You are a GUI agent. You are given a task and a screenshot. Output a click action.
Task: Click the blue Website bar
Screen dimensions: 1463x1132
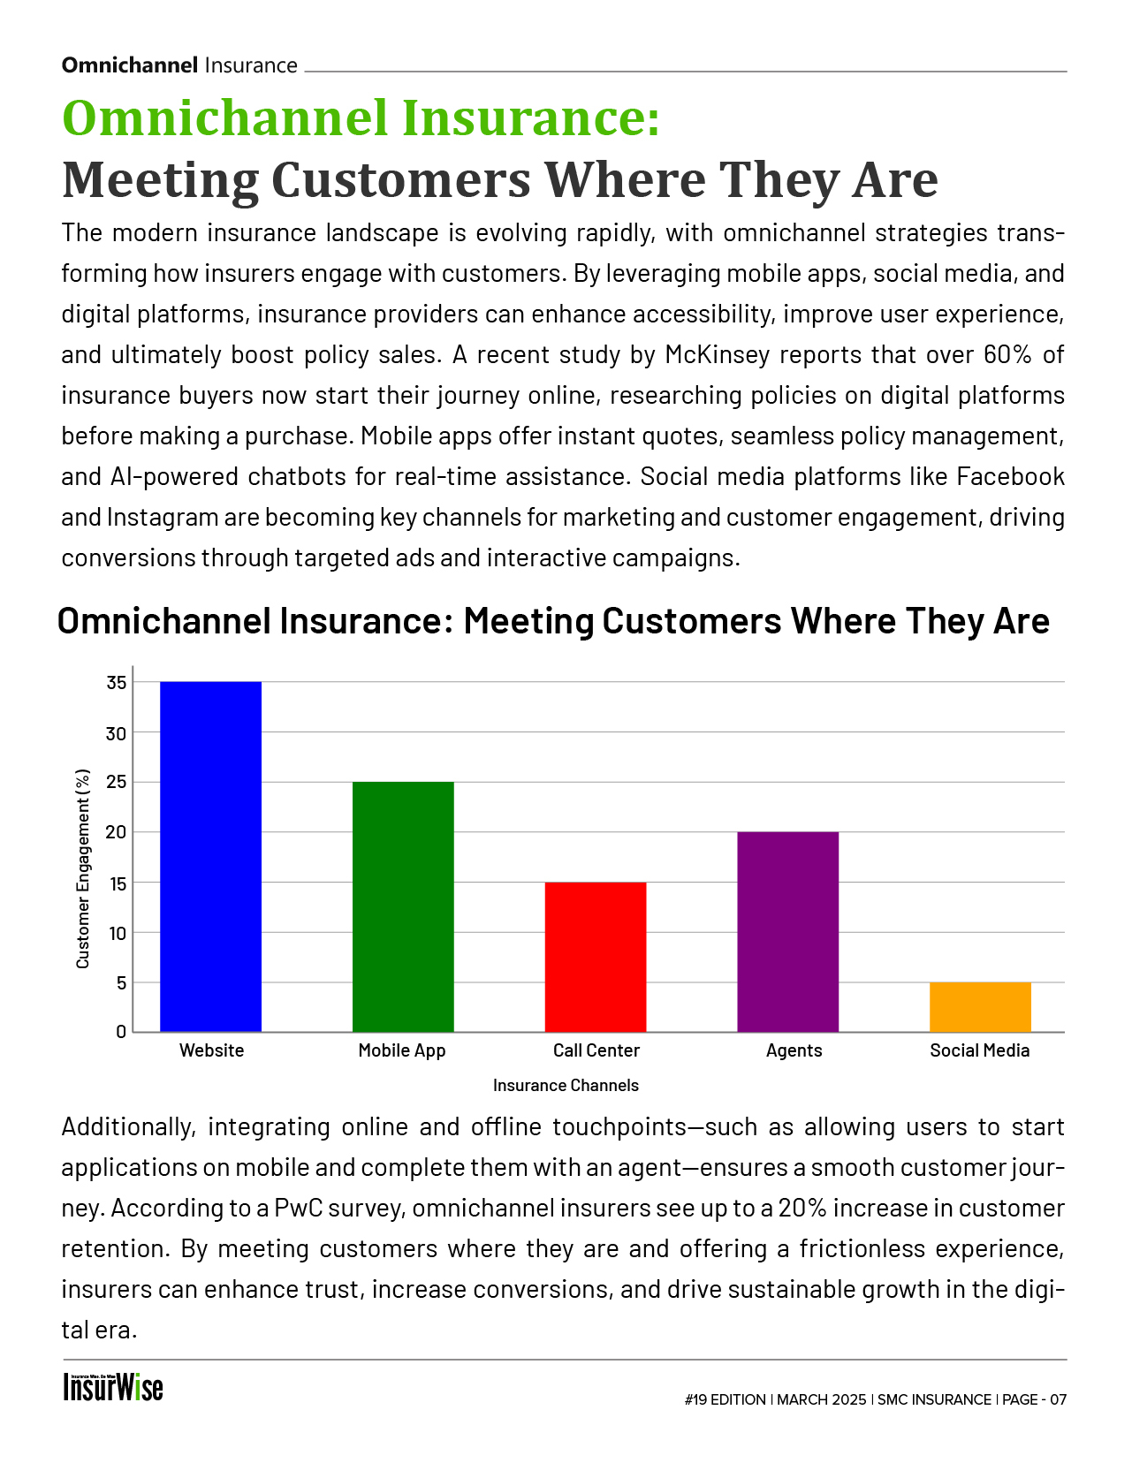point(210,856)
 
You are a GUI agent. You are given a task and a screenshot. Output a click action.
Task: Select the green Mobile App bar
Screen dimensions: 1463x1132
point(403,906)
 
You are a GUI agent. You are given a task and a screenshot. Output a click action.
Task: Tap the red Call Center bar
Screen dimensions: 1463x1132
point(596,957)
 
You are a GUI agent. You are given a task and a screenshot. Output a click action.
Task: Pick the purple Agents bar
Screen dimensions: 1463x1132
point(787,931)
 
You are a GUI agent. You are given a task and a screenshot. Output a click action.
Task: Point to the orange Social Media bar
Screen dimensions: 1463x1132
point(980,1006)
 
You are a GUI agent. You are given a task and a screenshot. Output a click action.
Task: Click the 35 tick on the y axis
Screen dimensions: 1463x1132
point(117,683)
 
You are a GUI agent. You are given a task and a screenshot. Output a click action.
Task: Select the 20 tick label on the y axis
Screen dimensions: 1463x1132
point(117,832)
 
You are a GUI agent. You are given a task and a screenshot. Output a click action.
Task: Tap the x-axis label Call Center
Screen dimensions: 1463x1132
point(596,1050)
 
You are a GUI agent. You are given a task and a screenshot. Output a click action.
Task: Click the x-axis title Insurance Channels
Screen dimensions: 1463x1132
point(566,1085)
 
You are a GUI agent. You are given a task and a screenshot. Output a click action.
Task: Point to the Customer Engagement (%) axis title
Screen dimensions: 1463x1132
point(83,869)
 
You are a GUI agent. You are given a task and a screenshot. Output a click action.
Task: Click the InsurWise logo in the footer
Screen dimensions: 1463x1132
point(113,1387)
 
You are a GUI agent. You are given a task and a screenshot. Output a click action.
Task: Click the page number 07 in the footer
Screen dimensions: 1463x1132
point(1058,1399)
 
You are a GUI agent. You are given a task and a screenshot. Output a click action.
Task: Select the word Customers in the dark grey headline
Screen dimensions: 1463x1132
point(401,179)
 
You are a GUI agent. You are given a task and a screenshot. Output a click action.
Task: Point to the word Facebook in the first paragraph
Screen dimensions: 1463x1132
point(1010,477)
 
